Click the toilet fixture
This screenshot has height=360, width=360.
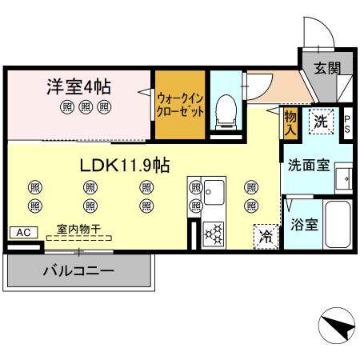pyautogui.click(x=226, y=109)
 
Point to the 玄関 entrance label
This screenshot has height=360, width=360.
pyautogui.click(x=325, y=68)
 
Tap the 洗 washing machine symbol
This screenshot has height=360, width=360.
pyautogui.click(x=320, y=122)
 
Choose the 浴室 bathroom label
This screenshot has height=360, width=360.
pyautogui.click(x=306, y=224)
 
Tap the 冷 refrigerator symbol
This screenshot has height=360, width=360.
pyautogui.click(x=266, y=237)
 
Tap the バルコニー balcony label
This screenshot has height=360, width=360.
pyautogui.click(x=78, y=271)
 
